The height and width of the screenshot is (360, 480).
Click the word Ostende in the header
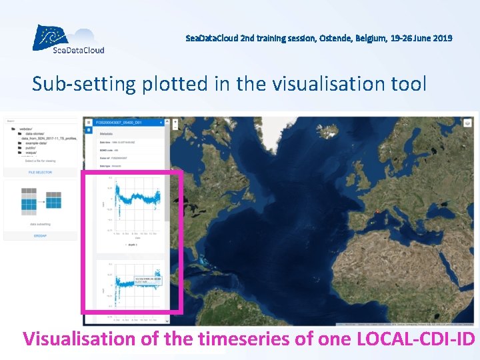click(x=335, y=38)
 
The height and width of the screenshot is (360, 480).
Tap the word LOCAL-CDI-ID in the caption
click(x=415, y=339)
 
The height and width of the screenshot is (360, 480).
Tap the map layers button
click(x=468, y=123)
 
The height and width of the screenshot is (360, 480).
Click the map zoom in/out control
click(x=175, y=123)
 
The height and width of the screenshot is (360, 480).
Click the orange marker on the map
click(x=377, y=213)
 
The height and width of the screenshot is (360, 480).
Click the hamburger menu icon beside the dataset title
click(x=88, y=123)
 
